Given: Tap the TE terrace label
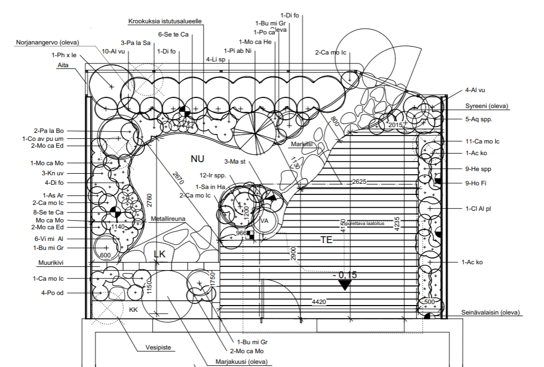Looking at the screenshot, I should point(326,240).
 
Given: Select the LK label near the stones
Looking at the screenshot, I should point(159,254).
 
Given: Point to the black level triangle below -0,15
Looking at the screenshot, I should point(345,285).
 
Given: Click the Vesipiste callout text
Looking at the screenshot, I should point(159,348).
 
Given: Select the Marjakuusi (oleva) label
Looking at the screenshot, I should point(242,362).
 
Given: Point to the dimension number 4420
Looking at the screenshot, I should point(319,302).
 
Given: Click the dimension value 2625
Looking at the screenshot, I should point(359,182).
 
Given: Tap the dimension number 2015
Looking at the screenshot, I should point(396,124).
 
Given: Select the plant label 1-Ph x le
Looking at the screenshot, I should point(64,55).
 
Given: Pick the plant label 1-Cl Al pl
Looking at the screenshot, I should point(479,209).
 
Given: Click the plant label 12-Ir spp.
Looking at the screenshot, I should point(212,175).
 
